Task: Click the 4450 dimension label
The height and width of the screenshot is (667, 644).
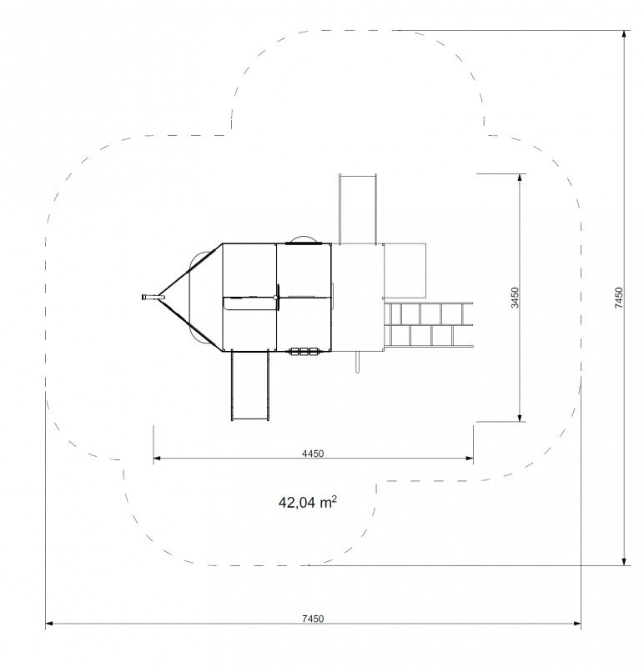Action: point(313,454)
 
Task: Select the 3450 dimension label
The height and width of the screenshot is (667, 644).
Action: point(515,298)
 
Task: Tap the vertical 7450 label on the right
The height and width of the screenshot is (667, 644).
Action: point(618,298)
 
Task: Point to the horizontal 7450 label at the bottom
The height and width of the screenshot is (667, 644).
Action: point(313,619)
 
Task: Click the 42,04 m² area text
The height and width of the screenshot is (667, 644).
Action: point(308,503)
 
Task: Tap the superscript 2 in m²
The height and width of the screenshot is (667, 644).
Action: point(335,499)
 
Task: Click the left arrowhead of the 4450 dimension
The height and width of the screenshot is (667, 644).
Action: point(157,458)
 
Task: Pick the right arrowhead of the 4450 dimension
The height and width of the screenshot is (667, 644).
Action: point(470,458)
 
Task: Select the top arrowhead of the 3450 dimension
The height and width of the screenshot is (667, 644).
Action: point(520,178)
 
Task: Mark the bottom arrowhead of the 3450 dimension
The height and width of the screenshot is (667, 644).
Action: point(520,419)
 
